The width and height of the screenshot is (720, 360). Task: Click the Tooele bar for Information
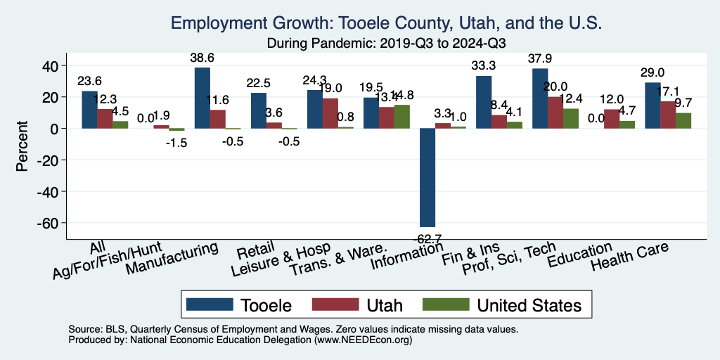[x=427, y=177]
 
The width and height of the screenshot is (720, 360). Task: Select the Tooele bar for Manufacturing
[x=202, y=98]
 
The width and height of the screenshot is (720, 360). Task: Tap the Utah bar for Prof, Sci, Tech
[x=555, y=112]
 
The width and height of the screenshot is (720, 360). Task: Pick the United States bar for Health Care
[x=683, y=120]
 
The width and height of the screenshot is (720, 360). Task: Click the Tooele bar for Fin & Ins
[x=484, y=102]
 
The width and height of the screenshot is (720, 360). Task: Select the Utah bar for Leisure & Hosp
[x=330, y=113]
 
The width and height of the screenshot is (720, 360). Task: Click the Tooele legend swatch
[x=210, y=305]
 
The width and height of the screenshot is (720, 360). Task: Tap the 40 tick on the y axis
[x=51, y=66]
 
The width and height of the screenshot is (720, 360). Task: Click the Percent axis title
[x=22, y=147]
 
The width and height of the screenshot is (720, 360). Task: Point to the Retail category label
[x=251, y=252]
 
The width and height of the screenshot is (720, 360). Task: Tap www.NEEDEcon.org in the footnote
[x=357, y=340]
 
